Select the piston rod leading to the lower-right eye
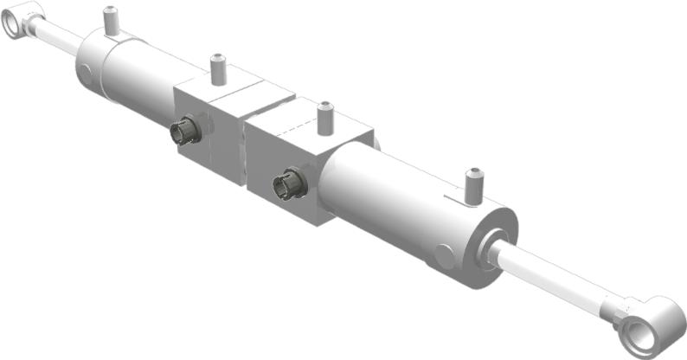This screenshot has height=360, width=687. tap(554, 276)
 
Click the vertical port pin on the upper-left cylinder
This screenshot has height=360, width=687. tap(111, 22)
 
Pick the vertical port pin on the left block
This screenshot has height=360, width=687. tap(218, 70)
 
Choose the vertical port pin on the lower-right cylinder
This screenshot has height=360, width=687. tap(472, 184)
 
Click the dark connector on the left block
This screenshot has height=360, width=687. tap(184, 132)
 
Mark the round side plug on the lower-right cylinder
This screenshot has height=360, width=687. tap(443, 256)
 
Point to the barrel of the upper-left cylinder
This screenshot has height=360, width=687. tap(138, 74)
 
